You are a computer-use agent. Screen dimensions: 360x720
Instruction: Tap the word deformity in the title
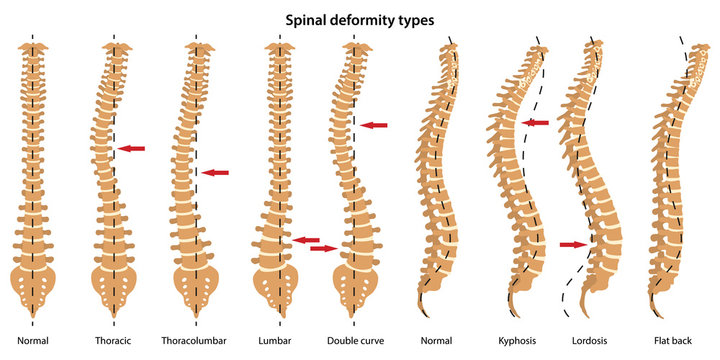366,19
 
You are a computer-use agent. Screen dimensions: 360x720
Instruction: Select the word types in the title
419,19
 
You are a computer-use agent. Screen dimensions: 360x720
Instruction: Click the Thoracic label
112,341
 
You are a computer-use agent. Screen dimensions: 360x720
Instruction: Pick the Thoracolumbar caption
195,341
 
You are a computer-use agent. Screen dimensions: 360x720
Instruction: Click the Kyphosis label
520,341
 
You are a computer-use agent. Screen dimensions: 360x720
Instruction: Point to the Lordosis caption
591,341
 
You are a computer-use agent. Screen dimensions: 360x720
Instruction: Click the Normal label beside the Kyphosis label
436,341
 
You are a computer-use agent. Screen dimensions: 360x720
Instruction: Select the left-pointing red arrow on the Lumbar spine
306,239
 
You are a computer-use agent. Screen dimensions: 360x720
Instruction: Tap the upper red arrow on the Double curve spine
374,125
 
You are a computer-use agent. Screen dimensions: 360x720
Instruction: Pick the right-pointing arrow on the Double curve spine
324,248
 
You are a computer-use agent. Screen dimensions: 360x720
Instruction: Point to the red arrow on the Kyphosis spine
536,123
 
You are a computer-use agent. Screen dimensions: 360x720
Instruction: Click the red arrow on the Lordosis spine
573,244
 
